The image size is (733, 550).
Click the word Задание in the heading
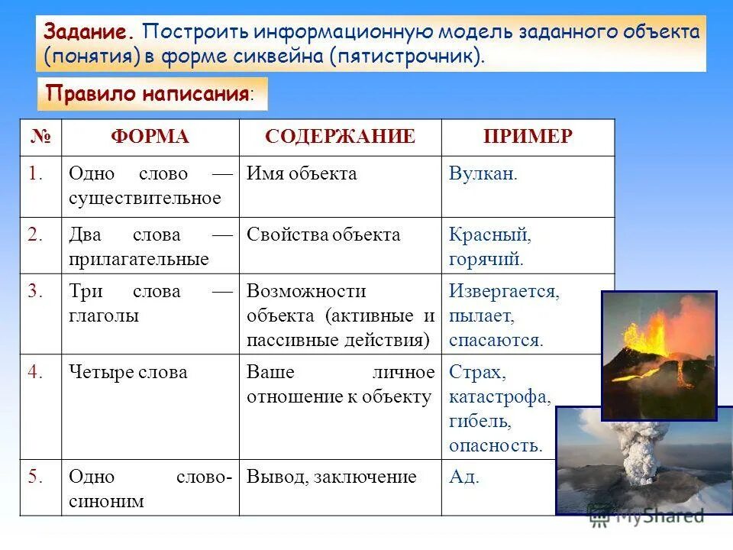click(89, 33)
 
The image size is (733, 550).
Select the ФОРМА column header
click(150, 137)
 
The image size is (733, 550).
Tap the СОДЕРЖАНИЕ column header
click(340, 137)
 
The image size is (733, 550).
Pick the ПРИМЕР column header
click(527, 137)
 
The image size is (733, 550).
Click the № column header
click(40, 137)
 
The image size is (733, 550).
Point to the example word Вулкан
click(483, 174)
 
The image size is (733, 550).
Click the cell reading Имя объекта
click(302, 174)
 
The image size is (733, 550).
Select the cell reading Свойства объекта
click(323, 235)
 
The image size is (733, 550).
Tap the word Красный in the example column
click(489, 235)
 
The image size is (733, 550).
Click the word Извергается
click(504, 292)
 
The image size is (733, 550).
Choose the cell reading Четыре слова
click(128, 373)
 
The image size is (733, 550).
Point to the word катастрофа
click(499, 397)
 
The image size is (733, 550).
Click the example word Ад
click(464, 477)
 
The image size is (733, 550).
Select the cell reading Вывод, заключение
click(331, 477)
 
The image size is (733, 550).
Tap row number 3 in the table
click(36, 292)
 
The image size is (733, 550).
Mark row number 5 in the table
click(36, 477)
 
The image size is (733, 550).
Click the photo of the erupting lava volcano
click(658, 355)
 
